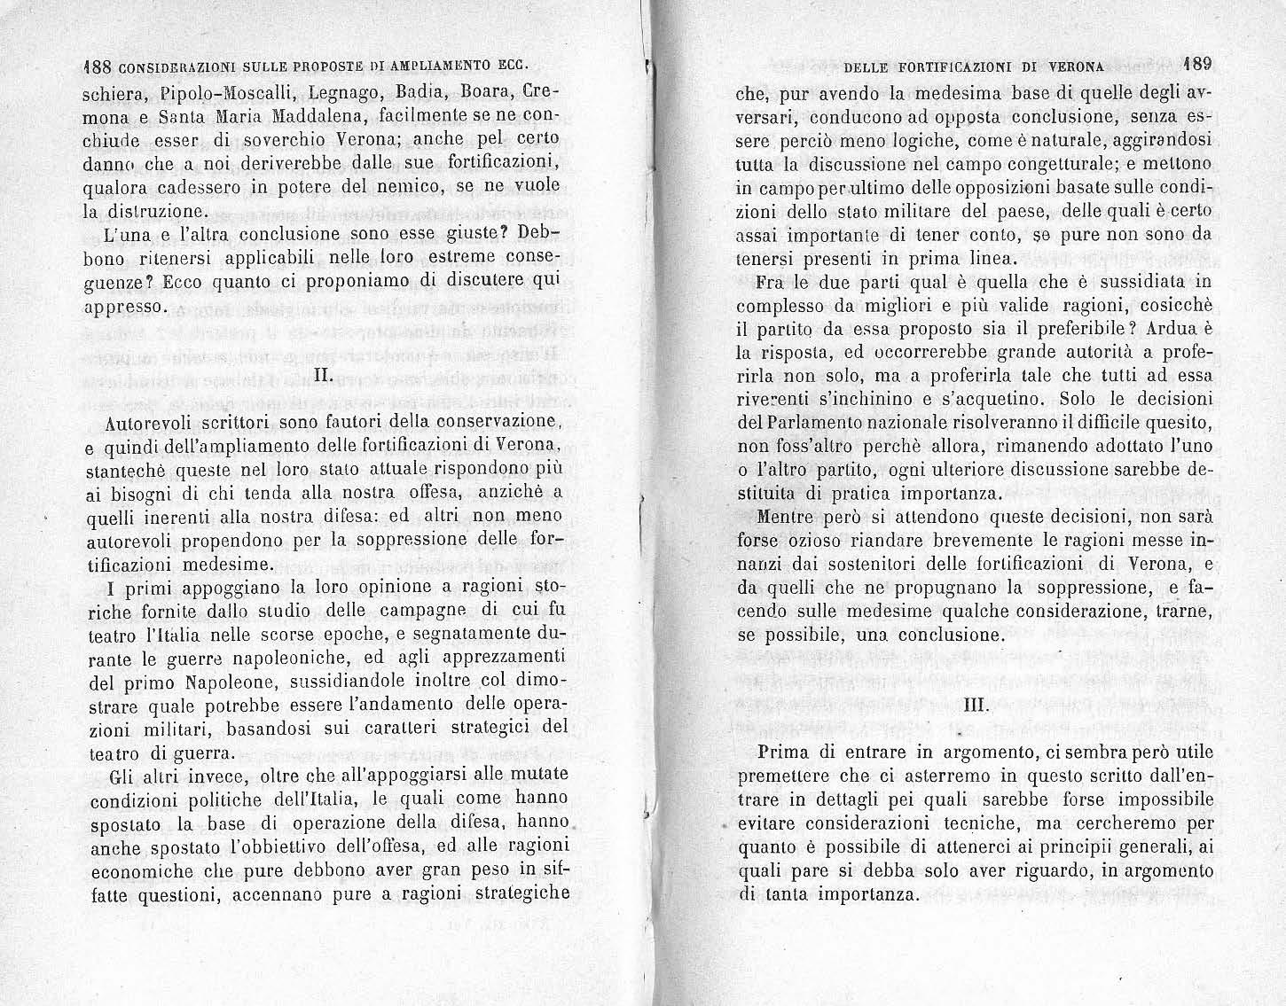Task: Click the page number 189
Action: pos(1197,63)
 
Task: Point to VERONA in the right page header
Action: pos(1076,66)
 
